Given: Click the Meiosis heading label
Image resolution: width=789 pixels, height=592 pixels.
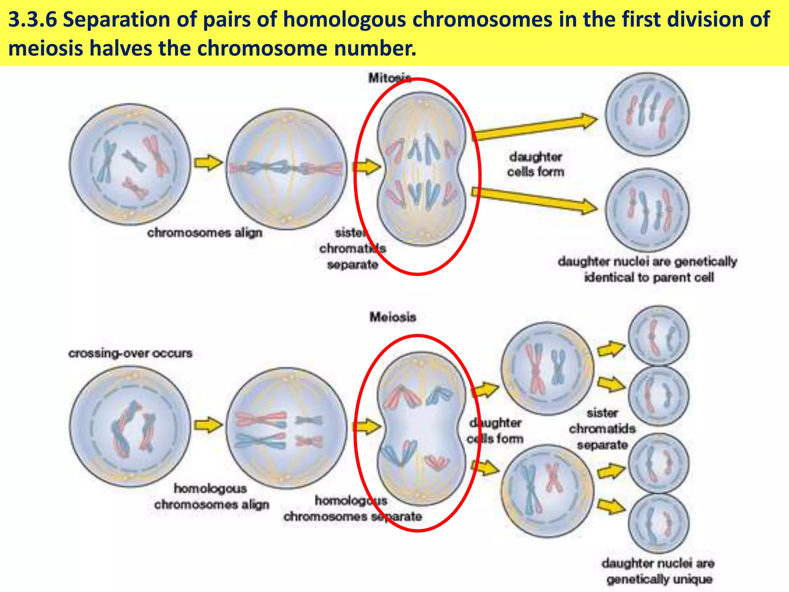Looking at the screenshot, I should [393, 317].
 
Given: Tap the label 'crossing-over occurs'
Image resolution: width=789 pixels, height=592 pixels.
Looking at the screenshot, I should [130, 353].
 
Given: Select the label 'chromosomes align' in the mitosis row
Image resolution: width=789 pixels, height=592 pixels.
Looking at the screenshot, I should [205, 233].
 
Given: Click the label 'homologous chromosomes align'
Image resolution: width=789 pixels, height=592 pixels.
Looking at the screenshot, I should [212, 496].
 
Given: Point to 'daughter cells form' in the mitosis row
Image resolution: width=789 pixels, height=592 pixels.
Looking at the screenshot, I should [536, 164].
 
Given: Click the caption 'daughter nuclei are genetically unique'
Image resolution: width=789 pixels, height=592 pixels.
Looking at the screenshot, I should [659, 571].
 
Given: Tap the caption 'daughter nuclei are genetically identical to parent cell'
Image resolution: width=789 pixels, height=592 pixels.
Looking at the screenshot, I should [648, 269].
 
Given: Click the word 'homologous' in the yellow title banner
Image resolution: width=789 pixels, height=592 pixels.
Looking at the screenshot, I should [344, 20].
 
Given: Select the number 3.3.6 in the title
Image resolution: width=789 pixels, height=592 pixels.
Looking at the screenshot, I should [32, 20].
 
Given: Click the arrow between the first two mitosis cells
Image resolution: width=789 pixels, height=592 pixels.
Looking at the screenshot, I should [208, 163].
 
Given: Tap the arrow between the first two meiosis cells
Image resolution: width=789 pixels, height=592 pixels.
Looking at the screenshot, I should [208, 425].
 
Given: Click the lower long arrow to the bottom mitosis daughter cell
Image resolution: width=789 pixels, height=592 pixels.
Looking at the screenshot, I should [536, 199].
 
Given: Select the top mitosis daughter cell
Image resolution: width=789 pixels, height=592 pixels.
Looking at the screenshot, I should [647, 114].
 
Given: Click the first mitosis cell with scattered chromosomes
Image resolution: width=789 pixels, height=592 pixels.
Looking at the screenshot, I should [130, 164].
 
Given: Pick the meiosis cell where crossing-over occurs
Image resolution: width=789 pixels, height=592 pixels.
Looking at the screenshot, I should [130, 426].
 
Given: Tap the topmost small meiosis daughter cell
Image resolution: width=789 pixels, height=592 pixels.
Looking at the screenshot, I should [659, 336].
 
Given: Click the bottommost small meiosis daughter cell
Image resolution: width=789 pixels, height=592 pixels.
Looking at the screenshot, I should [659, 523].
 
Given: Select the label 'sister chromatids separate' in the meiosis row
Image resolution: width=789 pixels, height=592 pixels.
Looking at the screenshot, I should [602, 429].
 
